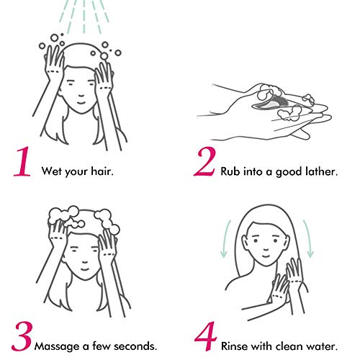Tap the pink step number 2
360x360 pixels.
coord(204,161)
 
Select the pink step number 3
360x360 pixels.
coord(22,336)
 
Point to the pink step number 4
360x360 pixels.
coord(205,336)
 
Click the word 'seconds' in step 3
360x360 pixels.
coord(135,346)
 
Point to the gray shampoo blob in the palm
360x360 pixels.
coord(271,103)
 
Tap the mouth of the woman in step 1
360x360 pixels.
coord(81,103)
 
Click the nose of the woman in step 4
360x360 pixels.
coord(266,248)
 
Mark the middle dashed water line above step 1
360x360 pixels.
coord(84,17)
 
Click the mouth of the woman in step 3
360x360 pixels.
coord(84,269)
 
